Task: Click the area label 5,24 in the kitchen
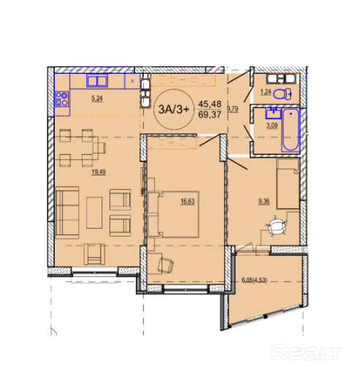coord(97,99)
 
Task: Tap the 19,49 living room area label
coord(99,172)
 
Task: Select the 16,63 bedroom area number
coord(188,202)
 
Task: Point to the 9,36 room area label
coord(264,202)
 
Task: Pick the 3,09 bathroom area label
coord(272,126)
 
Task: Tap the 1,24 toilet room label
coord(266,92)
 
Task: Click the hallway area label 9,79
coord(233,109)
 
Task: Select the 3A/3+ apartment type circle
coord(173,110)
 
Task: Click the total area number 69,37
coord(210,115)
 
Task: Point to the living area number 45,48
coord(210,104)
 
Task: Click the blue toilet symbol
coord(283,94)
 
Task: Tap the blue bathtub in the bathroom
coord(291,130)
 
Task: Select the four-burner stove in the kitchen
coord(62,99)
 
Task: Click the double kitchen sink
coord(97,81)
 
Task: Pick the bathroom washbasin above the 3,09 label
coord(273,112)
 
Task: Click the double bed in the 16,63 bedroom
coord(173,214)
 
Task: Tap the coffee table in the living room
coord(94,213)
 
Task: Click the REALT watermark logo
coord(306,352)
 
